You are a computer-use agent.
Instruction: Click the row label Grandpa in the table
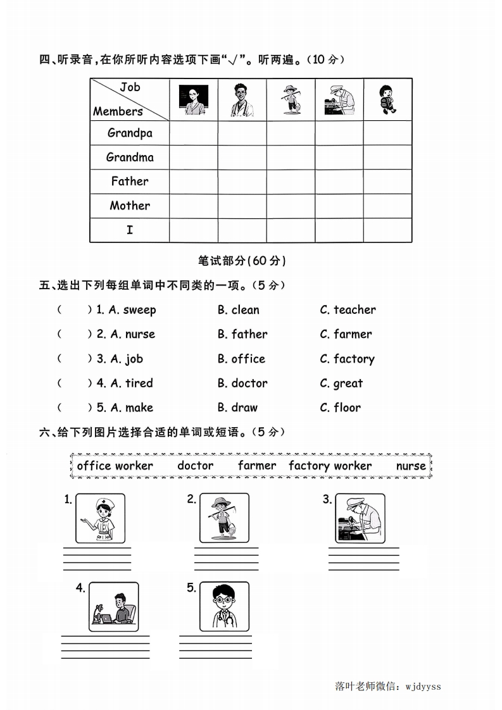pyautogui.click(x=130, y=133)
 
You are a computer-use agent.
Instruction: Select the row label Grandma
pyautogui.click(x=130, y=157)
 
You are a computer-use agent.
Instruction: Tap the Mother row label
pyautogui.click(x=130, y=206)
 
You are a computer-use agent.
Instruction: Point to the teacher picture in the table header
pyautogui.click(x=193, y=99)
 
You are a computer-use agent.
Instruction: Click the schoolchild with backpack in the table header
pyautogui.click(x=387, y=99)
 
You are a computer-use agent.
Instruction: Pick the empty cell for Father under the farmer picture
pyautogui.click(x=291, y=182)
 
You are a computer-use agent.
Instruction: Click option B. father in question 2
pyautogui.click(x=242, y=334)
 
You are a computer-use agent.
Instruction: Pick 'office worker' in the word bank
pyautogui.click(x=115, y=466)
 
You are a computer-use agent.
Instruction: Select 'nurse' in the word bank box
pyautogui.click(x=411, y=466)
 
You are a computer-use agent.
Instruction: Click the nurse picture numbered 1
pyautogui.click(x=100, y=518)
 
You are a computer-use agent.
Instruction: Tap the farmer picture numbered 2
pyautogui.click(x=224, y=518)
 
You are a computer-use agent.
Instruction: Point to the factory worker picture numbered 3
pyautogui.click(x=360, y=518)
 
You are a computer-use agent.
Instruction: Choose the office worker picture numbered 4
pyautogui.click(x=113, y=607)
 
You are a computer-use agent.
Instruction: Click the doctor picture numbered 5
pyautogui.click(x=224, y=607)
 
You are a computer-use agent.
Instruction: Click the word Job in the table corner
pyautogui.click(x=130, y=87)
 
